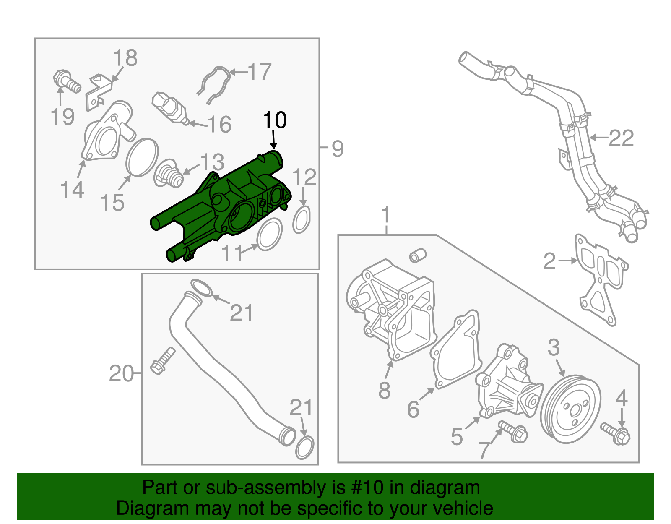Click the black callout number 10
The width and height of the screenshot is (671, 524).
pos(275,120)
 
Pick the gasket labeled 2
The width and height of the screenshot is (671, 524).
pos(600,277)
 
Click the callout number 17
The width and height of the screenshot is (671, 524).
pos(260,72)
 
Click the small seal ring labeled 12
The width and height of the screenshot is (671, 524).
pos(302,220)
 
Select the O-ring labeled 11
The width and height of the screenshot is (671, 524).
pos(269,235)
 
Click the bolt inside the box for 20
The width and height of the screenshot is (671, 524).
pos(163,361)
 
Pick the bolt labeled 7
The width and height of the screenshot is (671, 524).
pos(513,433)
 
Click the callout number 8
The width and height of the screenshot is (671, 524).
pos(384,390)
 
